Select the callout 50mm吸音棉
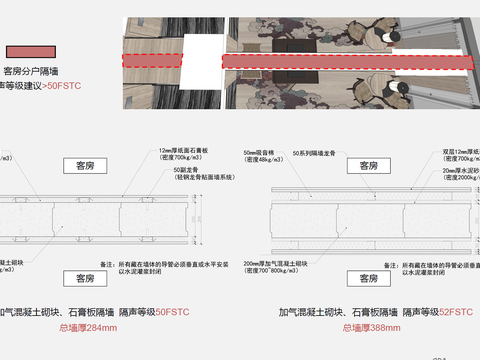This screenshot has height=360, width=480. click(262, 151)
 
